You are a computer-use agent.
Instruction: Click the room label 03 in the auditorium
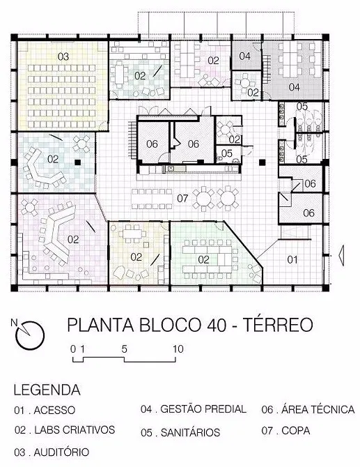click(x=63, y=56)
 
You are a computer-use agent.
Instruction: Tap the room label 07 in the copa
click(x=182, y=198)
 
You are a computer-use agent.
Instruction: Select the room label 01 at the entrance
click(x=292, y=260)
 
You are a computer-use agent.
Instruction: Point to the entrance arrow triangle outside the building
click(x=342, y=255)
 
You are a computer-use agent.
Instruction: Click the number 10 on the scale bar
click(x=178, y=349)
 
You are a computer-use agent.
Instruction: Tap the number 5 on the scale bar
click(x=124, y=349)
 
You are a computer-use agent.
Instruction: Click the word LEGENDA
click(x=47, y=390)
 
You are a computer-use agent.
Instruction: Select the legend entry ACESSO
click(x=54, y=410)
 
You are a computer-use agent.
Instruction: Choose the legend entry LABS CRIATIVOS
click(x=75, y=430)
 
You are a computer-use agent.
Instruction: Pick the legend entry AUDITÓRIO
click(x=61, y=452)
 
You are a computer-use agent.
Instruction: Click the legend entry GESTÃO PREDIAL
click(x=203, y=409)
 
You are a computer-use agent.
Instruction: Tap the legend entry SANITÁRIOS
click(x=190, y=432)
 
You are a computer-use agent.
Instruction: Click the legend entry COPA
click(x=296, y=431)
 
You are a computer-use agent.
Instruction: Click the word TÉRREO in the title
click(x=279, y=325)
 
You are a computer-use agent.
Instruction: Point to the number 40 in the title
click(x=217, y=325)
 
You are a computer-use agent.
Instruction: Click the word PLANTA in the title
click(x=100, y=325)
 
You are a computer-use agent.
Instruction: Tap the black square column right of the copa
click(x=262, y=162)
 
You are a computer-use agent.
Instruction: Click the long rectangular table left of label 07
click(x=152, y=199)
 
